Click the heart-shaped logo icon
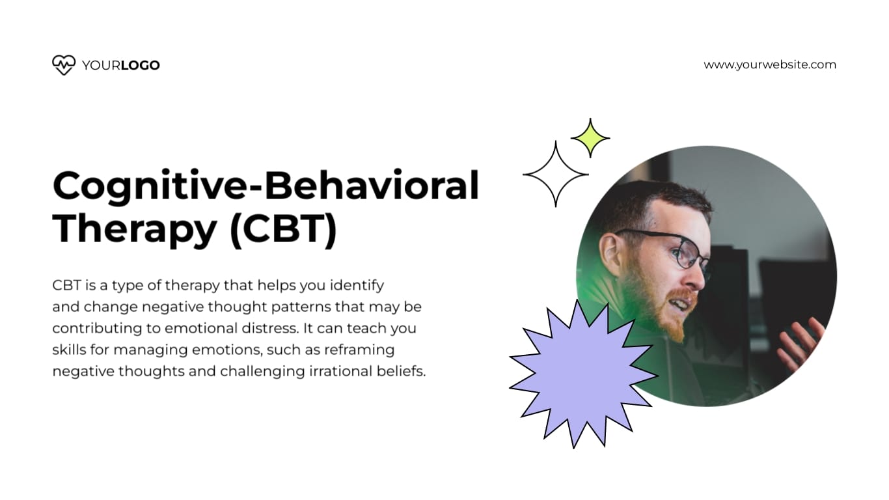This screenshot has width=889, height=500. tap(63, 65)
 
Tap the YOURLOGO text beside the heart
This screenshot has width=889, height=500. tap(121, 65)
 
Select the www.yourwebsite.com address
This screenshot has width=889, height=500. tap(770, 64)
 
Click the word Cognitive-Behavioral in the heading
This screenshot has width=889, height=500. tap(266, 186)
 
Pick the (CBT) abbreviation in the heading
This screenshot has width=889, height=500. tap(284, 229)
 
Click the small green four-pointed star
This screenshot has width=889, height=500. tap(590, 138)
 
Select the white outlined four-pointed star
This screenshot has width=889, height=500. tap(555, 174)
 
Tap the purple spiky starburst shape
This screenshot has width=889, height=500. tap(581, 376)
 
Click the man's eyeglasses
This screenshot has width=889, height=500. tap(677, 251)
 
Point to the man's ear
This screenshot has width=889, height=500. tap(610, 251)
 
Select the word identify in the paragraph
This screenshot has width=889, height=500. tap(357, 285)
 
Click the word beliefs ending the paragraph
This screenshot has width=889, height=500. tap(403, 371)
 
